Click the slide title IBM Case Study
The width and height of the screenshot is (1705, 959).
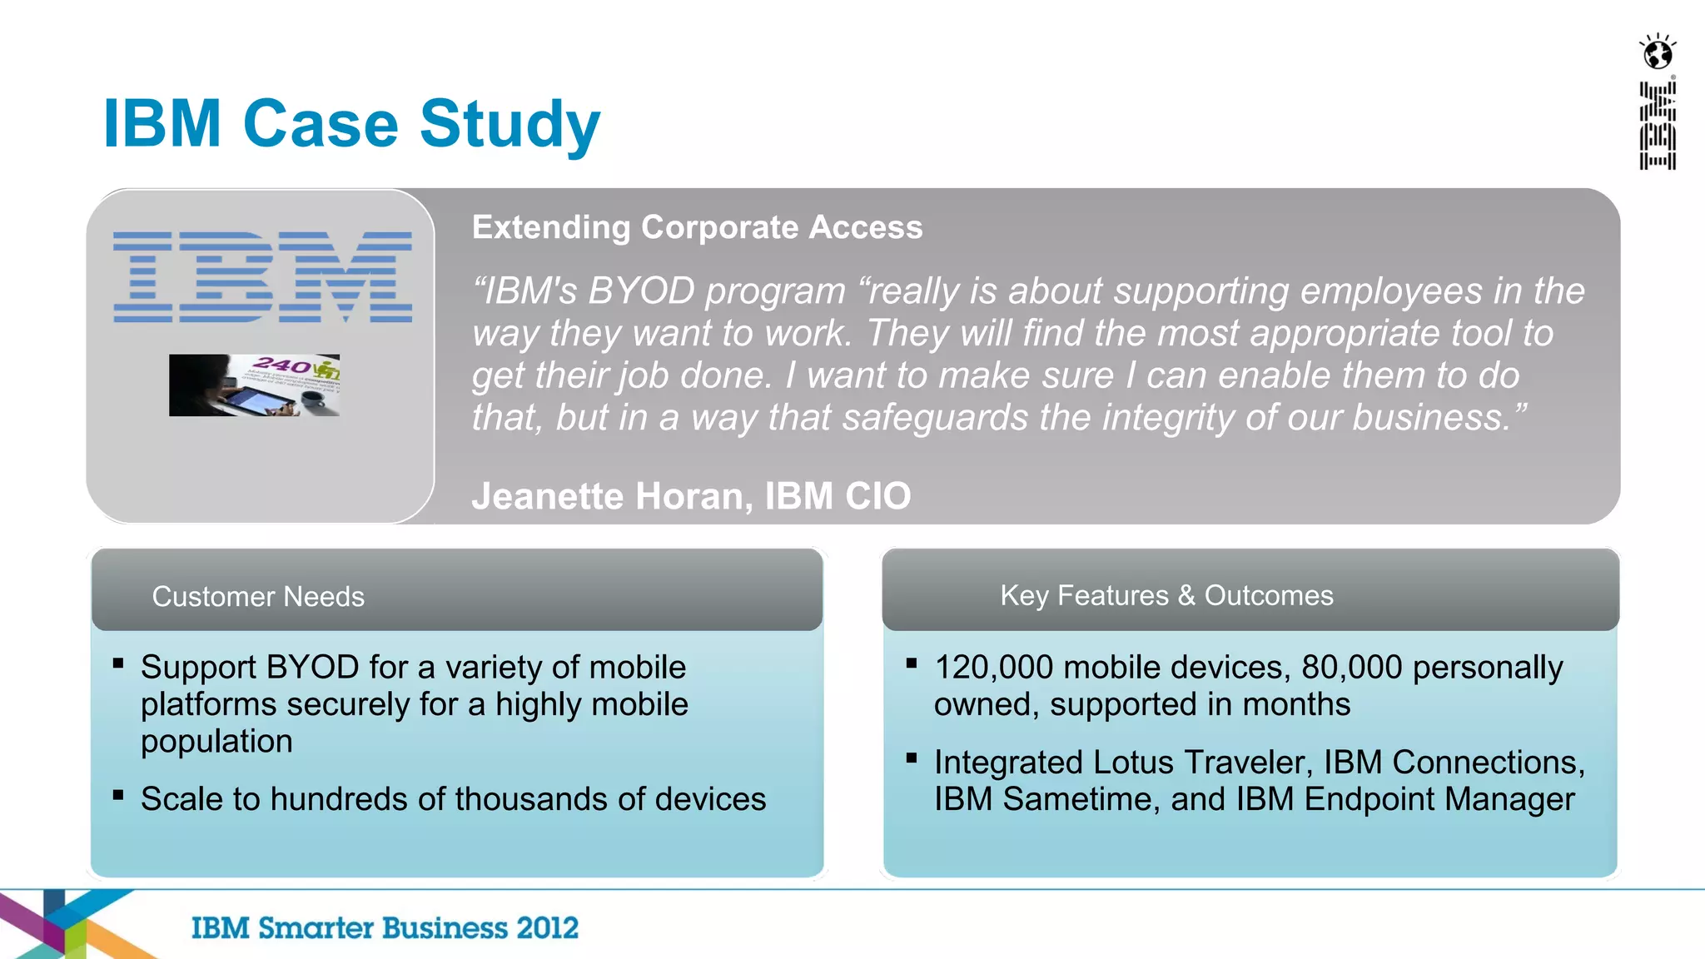pyautogui.click(x=351, y=124)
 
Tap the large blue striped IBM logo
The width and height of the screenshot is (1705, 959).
pyautogui.click(x=263, y=277)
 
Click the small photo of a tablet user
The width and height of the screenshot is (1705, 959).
pyautogui.click(x=254, y=385)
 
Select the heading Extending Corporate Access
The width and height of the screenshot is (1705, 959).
pyautogui.click(x=697, y=227)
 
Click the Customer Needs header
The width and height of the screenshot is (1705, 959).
pyautogui.click(x=258, y=596)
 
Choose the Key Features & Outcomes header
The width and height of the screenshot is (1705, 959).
pyautogui.click(x=1166, y=595)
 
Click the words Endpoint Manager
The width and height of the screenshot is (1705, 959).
pyautogui.click(x=1439, y=799)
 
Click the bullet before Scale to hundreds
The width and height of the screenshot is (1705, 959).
pyautogui.click(x=118, y=795)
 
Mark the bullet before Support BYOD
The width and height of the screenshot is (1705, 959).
pyautogui.click(x=118, y=663)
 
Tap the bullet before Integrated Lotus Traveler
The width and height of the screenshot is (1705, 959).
pyautogui.click(x=912, y=758)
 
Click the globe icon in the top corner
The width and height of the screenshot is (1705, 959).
pyautogui.click(x=1658, y=53)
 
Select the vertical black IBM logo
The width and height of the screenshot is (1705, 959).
pyautogui.click(x=1658, y=126)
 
